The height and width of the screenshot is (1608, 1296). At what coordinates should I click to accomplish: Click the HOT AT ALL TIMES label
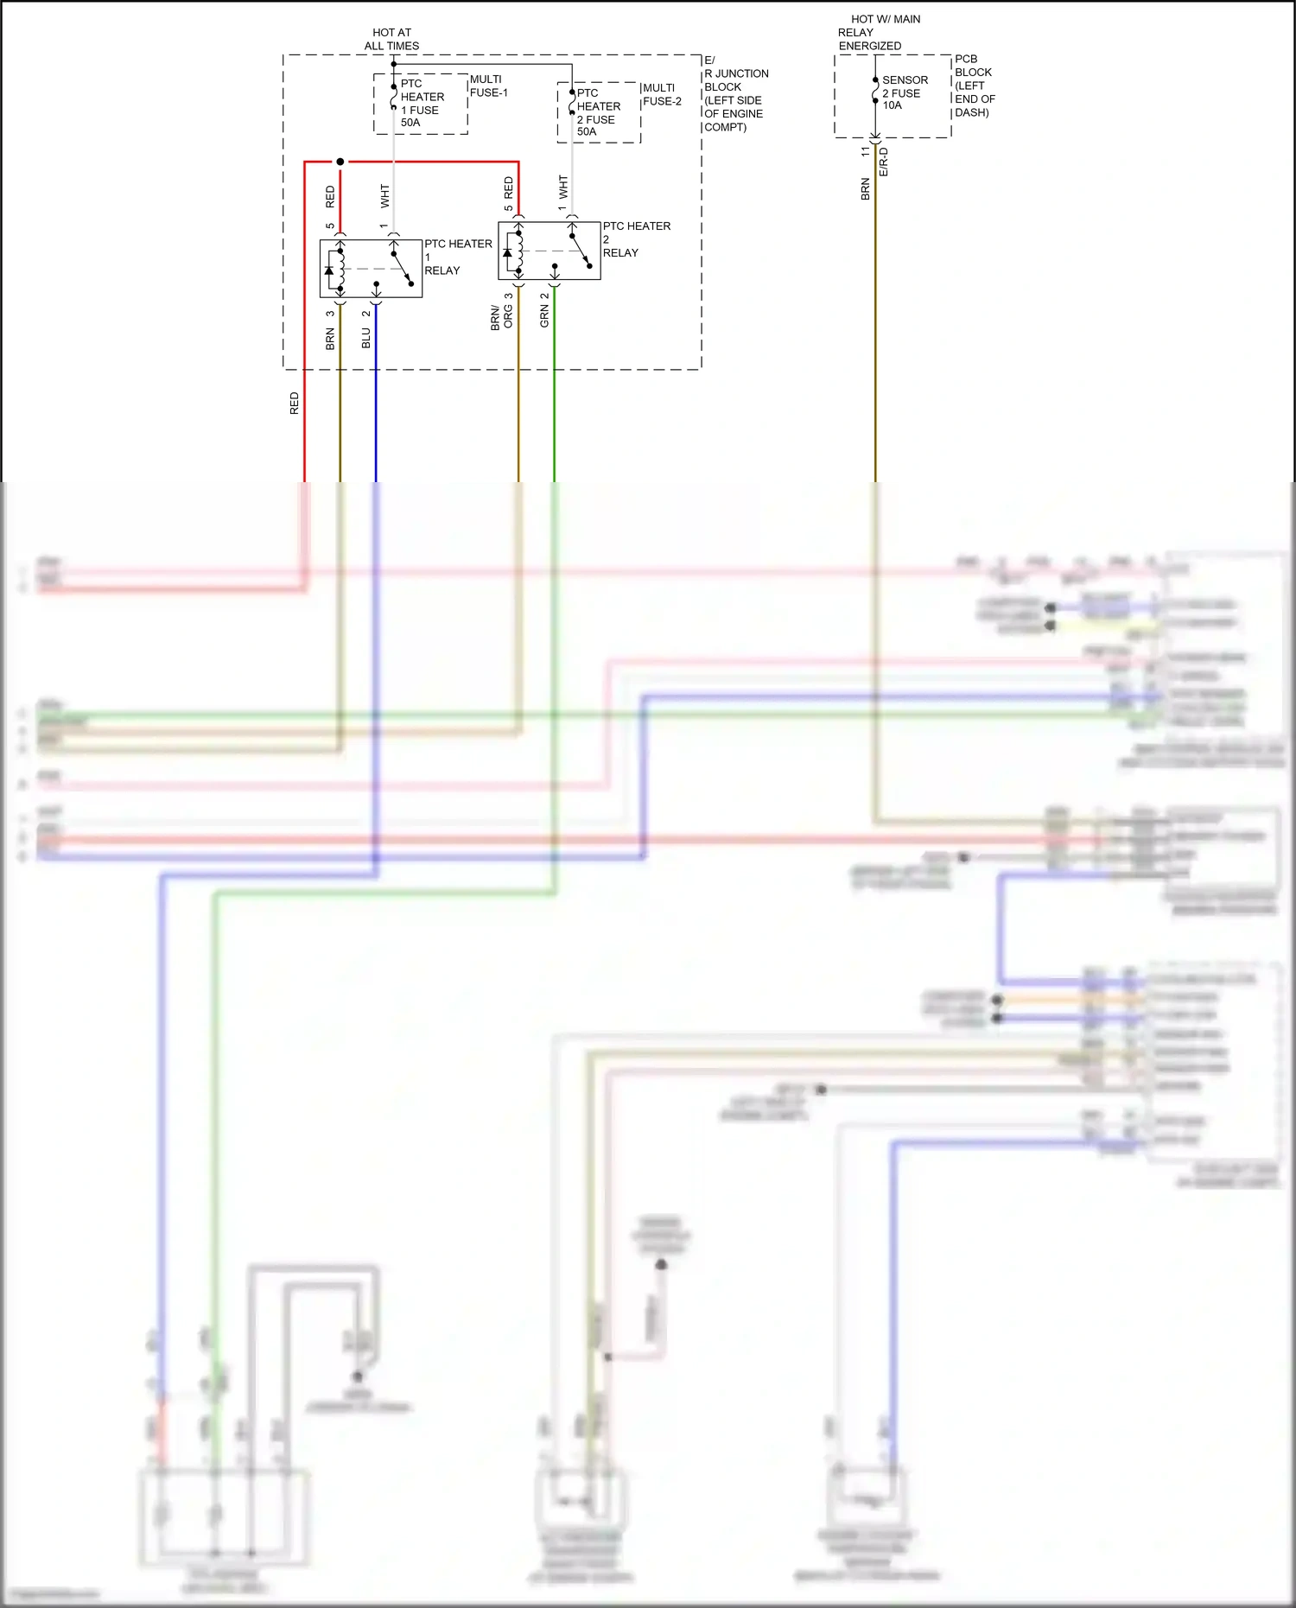(x=391, y=39)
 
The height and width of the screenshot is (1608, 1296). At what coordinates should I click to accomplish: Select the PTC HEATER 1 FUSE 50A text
(x=421, y=104)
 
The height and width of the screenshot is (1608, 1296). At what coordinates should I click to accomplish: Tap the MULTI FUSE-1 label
(x=488, y=86)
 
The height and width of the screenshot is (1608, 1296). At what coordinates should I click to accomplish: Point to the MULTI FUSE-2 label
(x=661, y=94)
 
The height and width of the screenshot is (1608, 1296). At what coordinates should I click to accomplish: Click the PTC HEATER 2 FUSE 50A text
(x=597, y=112)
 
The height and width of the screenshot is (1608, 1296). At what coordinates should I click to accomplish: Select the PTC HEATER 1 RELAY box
(x=371, y=269)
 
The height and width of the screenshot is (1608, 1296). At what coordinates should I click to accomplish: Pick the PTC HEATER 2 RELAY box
(x=549, y=251)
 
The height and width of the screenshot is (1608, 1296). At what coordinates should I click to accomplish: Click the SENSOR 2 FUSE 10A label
(x=904, y=92)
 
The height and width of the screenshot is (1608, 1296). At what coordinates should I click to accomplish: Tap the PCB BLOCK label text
(x=974, y=86)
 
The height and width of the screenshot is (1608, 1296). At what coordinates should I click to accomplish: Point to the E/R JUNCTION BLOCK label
(x=734, y=93)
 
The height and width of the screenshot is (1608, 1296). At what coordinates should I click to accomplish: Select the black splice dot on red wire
(x=340, y=162)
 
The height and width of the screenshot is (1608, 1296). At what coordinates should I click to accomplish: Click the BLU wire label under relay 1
(x=366, y=338)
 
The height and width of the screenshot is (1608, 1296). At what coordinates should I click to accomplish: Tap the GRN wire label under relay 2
(x=544, y=316)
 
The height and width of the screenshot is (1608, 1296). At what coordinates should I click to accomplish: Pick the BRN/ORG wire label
(x=501, y=317)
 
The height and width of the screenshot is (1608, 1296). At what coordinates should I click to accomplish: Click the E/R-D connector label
(x=884, y=162)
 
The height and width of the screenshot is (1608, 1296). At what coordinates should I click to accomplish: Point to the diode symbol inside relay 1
(x=329, y=270)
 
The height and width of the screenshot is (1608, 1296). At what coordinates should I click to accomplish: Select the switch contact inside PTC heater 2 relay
(x=581, y=251)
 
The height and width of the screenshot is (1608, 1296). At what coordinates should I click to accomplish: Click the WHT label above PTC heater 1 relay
(x=385, y=195)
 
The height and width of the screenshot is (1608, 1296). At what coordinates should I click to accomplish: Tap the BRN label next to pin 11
(x=865, y=188)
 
